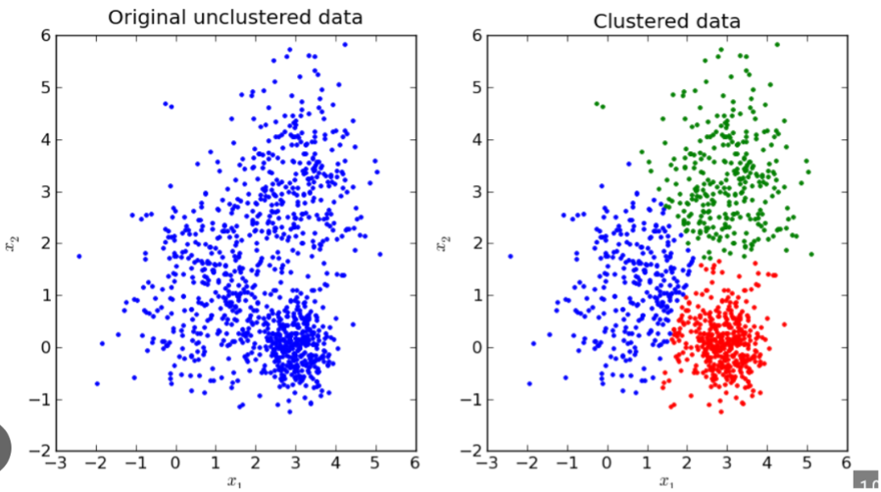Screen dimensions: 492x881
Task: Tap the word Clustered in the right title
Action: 633,20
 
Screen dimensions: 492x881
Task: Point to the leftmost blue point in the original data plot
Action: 79,255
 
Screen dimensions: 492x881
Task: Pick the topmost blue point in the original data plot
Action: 345,44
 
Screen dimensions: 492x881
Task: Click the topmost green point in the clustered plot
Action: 777,44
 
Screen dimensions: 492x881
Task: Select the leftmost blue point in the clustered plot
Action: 510,255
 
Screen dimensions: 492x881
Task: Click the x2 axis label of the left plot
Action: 9,243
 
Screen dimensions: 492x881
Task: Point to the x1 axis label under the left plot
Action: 234,484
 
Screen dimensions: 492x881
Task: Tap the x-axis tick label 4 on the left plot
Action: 335,464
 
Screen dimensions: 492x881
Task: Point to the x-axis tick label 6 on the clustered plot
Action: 845,464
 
